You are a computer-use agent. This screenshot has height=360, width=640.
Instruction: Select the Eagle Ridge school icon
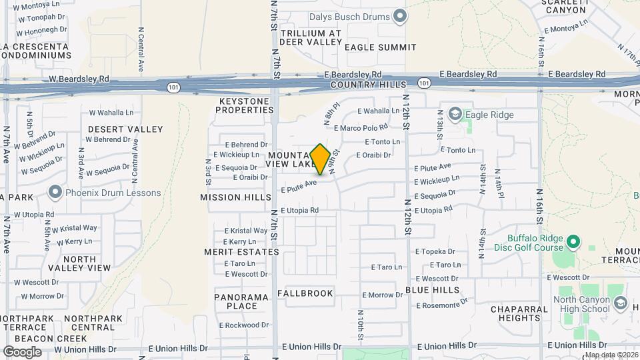pos(455,115)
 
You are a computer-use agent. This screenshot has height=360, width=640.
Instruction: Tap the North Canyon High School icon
pos(621,303)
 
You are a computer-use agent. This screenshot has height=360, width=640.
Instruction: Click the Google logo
pos(22,352)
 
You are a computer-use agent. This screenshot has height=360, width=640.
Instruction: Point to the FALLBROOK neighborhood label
pos(305,293)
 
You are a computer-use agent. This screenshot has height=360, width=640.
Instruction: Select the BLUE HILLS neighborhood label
pos(433,290)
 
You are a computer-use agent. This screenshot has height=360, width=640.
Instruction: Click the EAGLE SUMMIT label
pos(381,47)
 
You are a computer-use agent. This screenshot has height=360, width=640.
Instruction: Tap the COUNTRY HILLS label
pos(368,85)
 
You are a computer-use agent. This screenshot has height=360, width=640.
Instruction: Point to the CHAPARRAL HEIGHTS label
pos(523,313)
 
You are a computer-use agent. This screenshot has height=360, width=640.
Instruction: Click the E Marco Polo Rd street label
pos(361,127)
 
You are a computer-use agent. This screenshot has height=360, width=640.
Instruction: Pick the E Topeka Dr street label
pos(435,252)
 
